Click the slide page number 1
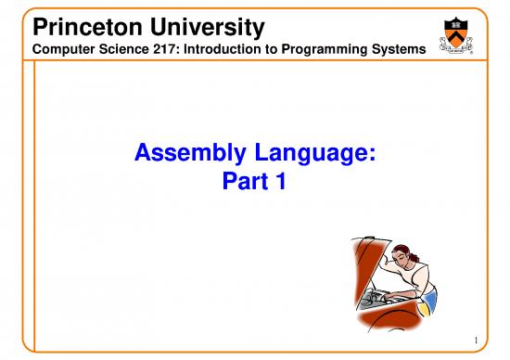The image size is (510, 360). (x=473, y=340)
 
